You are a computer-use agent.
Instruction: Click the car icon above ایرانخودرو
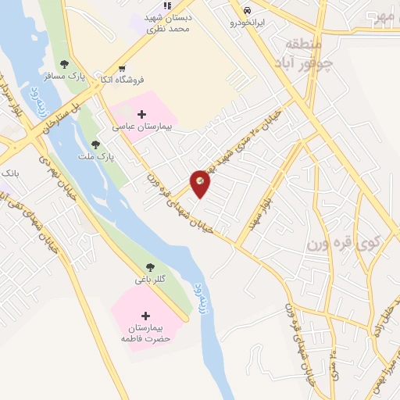(x=248, y=10)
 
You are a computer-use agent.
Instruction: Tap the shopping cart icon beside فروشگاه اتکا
(x=122, y=67)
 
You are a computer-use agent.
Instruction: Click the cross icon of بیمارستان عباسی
(x=141, y=114)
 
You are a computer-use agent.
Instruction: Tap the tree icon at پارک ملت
(x=95, y=145)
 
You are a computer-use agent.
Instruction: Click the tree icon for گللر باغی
(x=150, y=267)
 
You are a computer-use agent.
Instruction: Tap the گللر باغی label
(x=152, y=279)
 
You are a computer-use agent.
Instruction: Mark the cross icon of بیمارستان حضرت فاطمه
(x=145, y=316)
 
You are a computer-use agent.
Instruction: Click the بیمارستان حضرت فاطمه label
(x=145, y=333)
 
